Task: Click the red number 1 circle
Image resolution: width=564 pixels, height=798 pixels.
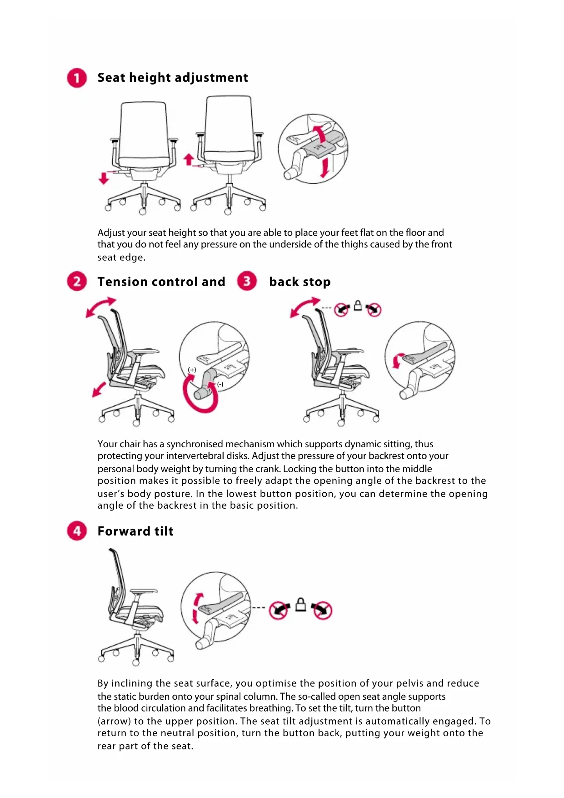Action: [77, 78]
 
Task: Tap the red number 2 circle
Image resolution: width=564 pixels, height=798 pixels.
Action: [77, 281]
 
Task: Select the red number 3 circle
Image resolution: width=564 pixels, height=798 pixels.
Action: [247, 281]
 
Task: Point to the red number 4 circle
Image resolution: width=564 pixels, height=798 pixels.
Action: [77, 531]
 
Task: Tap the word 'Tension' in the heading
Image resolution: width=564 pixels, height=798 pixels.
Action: [123, 282]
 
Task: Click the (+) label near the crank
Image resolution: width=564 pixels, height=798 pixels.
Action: [192, 370]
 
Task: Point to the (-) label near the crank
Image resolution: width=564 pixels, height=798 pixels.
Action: [220, 384]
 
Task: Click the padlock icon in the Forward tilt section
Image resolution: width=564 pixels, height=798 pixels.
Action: [300, 605]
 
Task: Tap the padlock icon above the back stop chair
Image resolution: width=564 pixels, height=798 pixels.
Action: [358, 305]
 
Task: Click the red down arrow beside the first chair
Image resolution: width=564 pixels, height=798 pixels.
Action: [104, 177]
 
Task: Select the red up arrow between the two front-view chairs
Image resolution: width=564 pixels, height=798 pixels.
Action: [188, 159]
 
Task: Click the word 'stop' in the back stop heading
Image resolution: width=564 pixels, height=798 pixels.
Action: [316, 282]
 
